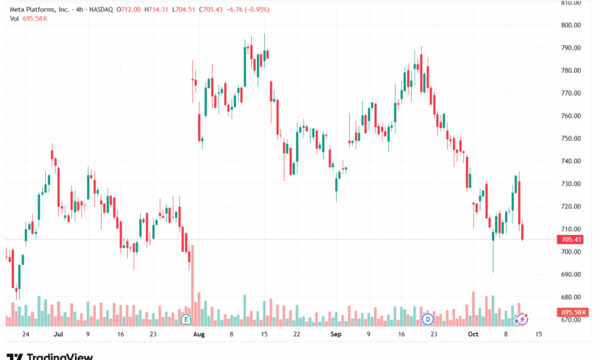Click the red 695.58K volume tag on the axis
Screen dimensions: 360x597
[573, 313]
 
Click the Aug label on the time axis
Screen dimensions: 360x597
[199, 335]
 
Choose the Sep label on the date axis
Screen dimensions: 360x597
[335, 335]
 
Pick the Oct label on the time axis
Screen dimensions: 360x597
[473, 335]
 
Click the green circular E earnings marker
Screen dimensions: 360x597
[186, 318]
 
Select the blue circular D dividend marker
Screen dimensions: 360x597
[428, 318]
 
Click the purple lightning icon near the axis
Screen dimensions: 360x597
[523, 318]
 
